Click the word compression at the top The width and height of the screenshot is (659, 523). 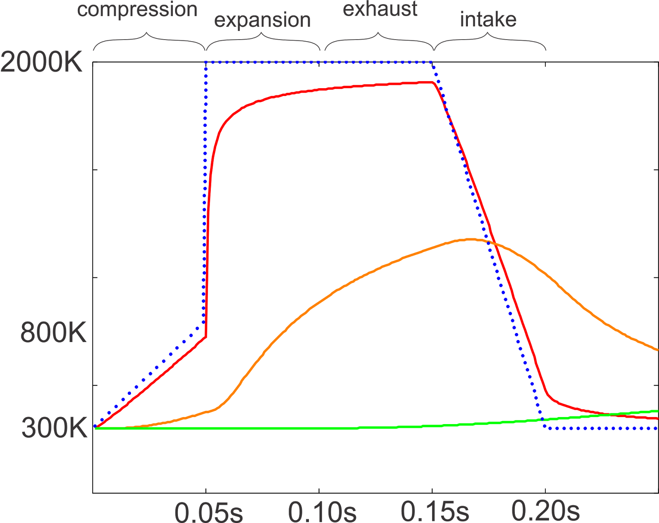[137, 10]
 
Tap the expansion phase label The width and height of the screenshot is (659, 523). [262, 20]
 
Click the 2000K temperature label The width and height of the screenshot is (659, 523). [42, 63]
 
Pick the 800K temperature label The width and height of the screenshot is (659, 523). [54, 332]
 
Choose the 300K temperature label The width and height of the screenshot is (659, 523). [54, 428]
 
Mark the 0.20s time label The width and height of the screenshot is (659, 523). [545, 511]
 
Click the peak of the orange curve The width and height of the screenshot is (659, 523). [470, 239]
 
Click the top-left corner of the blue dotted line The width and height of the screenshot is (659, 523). [206, 62]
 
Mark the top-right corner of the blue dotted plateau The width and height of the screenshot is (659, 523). [432, 62]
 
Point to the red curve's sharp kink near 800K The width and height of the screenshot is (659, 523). [206, 337]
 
